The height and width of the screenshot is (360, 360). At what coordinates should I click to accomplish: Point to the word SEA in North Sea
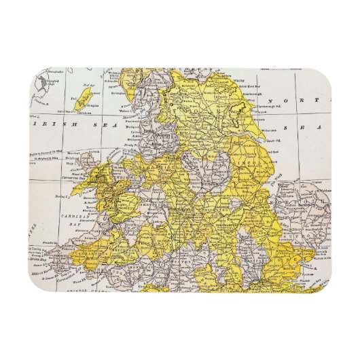point(317,128)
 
